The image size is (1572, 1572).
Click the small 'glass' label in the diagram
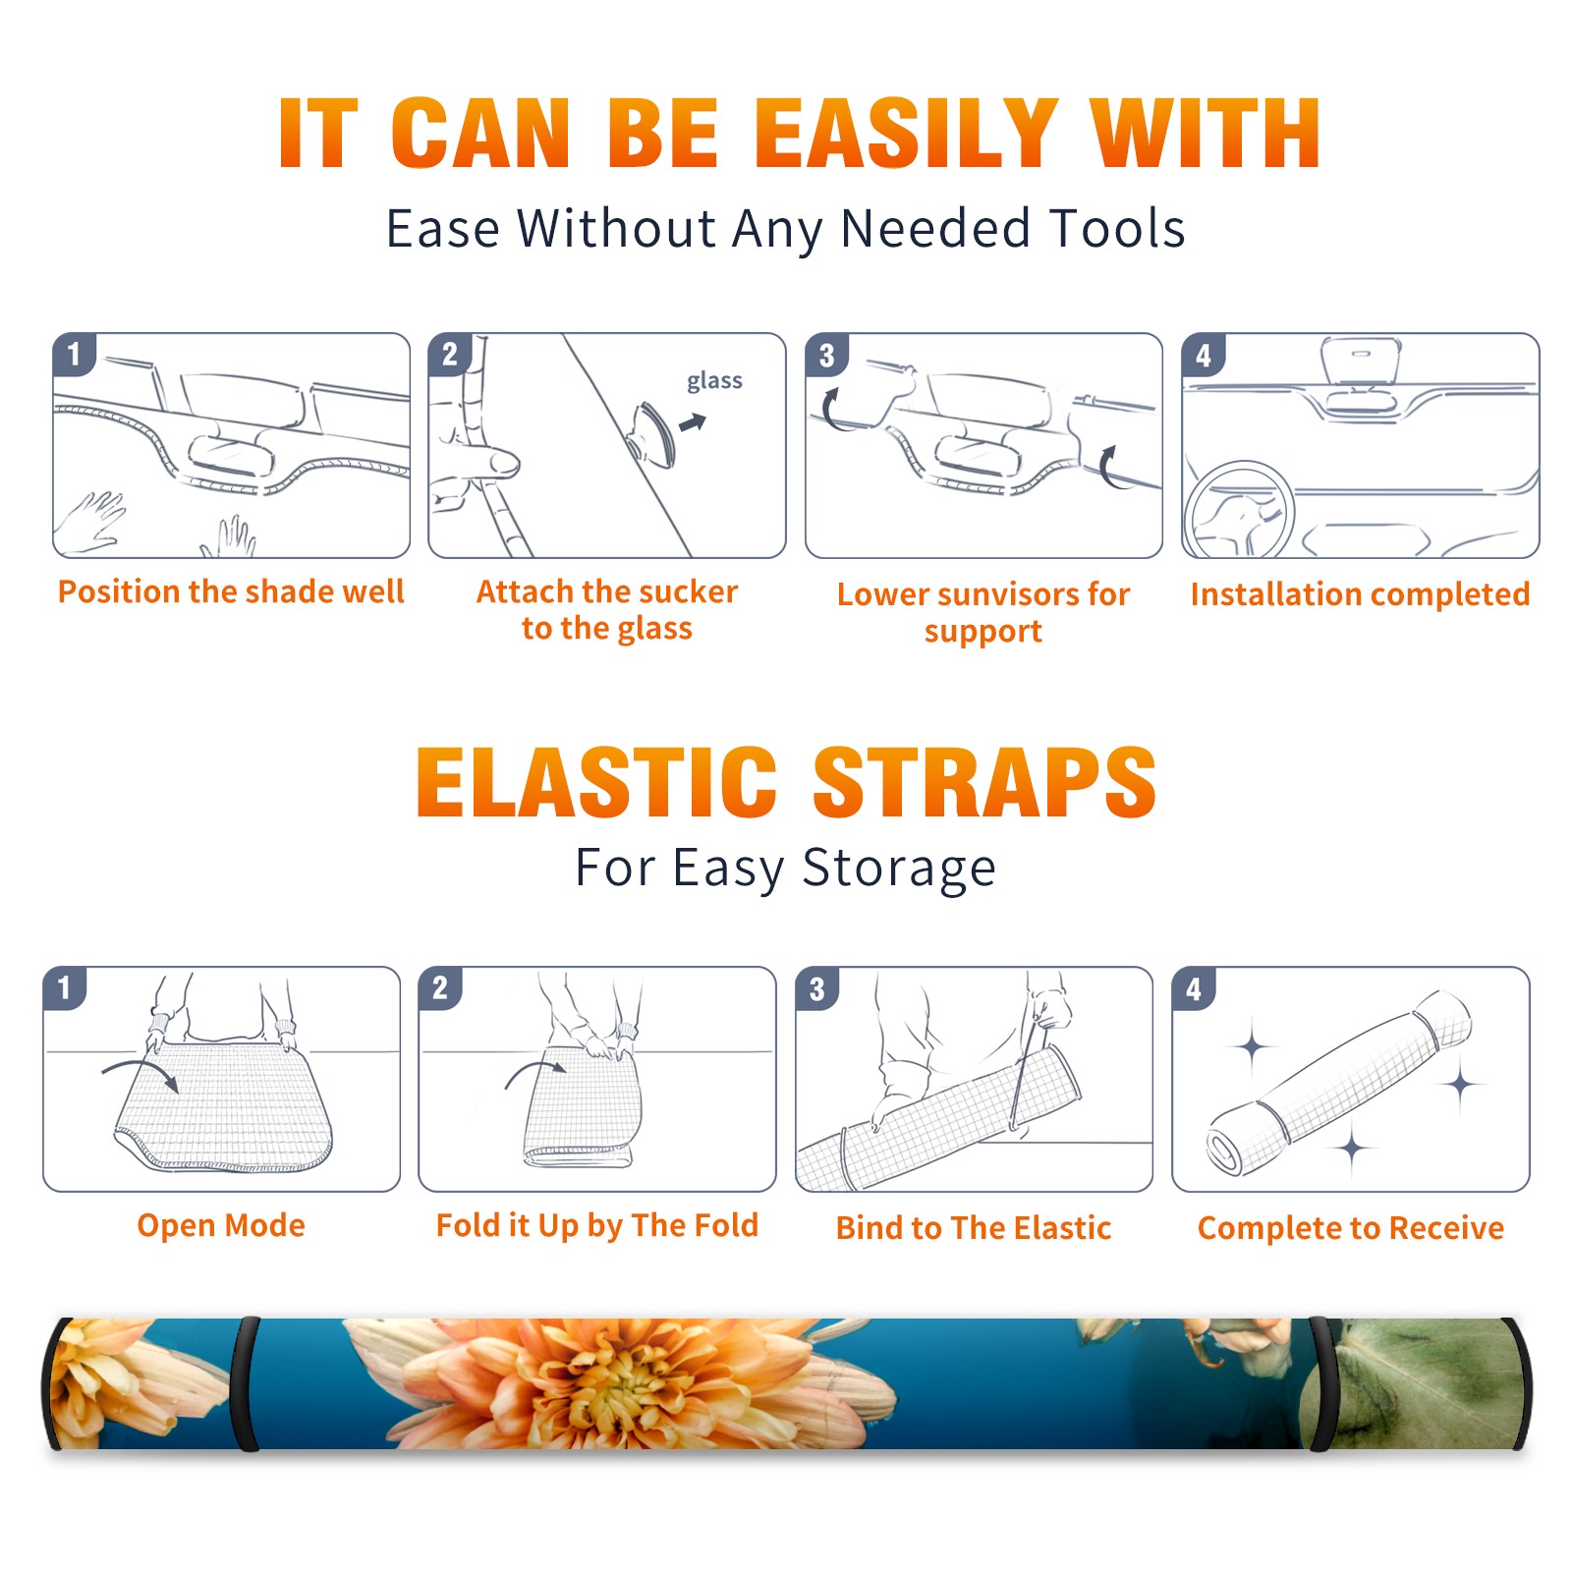coord(714,381)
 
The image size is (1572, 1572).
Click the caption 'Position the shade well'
coord(231,591)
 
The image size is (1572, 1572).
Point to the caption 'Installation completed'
coord(1360,594)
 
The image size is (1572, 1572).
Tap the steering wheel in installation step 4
coord(1239,509)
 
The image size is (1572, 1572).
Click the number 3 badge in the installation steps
coord(826,355)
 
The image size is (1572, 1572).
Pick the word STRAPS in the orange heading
coord(984,782)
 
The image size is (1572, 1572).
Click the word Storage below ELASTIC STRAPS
coord(899,869)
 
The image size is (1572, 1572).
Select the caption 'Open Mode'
coord(221,1225)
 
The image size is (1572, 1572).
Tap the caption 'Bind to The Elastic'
coord(974,1228)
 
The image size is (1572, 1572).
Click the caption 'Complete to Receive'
coord(1351,1228)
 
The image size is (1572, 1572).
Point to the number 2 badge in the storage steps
coord(440,987)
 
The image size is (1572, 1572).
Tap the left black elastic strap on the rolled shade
coord(246,1383)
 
